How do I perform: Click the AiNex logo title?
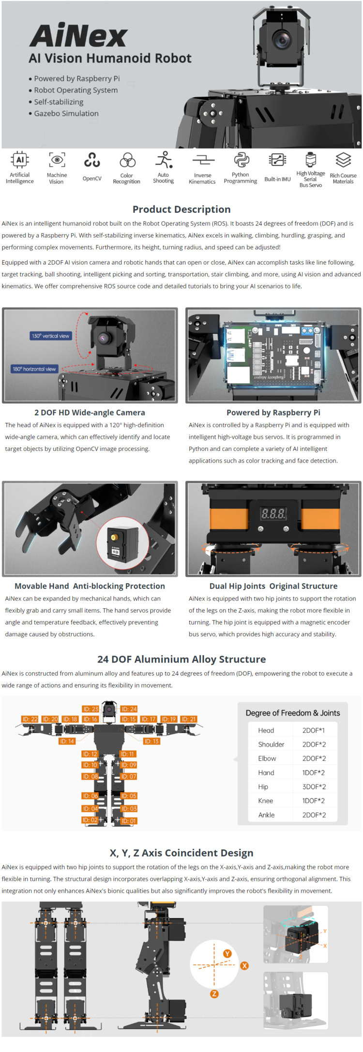[x=78, y=35]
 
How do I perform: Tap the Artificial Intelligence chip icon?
[x=20, y=160]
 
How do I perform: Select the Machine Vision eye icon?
[x=57, y=160]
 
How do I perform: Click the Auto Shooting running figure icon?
[x=164, y=160]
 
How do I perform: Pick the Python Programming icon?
[x=241, y=160]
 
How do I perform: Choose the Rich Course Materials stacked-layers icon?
[x=343, y=160]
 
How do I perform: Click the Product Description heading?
[x=181, y=209]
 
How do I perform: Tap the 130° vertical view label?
[x=50, y=336]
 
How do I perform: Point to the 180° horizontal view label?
[x=34, y=369]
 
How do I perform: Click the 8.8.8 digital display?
[x=273, y=513]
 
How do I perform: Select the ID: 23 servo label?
[x=91, y=709]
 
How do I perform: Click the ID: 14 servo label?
[x=67, y=741]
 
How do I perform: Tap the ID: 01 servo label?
[x=129, y=821]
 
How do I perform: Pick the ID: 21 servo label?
[x=189, y=719]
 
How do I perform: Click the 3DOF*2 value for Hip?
[x=314, y=787]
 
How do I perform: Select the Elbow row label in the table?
[x=267, y=758]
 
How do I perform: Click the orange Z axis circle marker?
[x=214, y=994]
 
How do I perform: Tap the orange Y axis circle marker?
[x=227, y=954]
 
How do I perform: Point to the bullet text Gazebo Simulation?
[x=66, y=113]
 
